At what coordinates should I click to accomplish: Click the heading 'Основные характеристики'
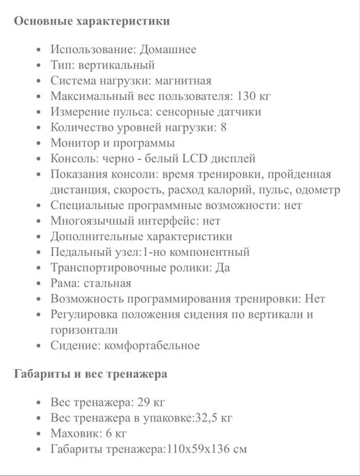92,21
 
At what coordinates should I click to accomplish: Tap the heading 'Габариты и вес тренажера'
91,374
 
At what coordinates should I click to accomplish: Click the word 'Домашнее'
168,49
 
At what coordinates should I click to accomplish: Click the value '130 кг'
256,96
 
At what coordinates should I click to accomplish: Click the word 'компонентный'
212,252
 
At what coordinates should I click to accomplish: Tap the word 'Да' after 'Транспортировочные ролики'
223,268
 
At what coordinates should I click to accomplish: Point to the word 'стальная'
109,283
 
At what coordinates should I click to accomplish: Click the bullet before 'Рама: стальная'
38,283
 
